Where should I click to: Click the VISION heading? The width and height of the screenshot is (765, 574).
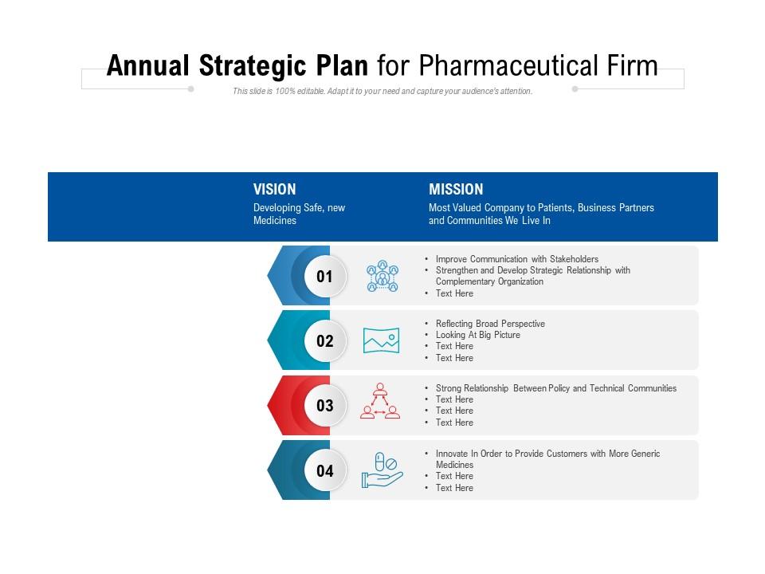(274, 190)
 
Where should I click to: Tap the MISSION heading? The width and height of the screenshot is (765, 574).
(456, 190)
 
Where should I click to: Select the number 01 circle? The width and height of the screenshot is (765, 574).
(324, 277)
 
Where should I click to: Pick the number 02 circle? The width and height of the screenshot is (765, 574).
(324, 340)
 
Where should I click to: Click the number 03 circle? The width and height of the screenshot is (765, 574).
(324, 405)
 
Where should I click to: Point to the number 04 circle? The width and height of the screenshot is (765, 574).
(324, 470)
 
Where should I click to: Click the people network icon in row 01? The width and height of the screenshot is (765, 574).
(382, 277)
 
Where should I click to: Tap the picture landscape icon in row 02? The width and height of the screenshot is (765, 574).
(382, 340)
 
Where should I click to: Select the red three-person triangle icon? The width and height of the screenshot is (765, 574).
(380, 401)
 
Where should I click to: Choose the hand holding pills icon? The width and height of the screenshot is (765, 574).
(382, 470)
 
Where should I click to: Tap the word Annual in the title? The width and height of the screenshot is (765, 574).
(148, 65)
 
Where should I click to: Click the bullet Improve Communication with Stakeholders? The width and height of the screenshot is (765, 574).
(516, 259)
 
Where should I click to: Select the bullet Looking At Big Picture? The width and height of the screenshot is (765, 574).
(477, 335)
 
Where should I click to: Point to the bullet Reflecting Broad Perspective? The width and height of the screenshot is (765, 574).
(490, 324)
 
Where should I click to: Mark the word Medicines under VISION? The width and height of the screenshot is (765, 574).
(275, 221)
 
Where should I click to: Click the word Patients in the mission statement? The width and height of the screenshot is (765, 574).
(555, 208)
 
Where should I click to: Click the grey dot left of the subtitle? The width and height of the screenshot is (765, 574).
(190, 88)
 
